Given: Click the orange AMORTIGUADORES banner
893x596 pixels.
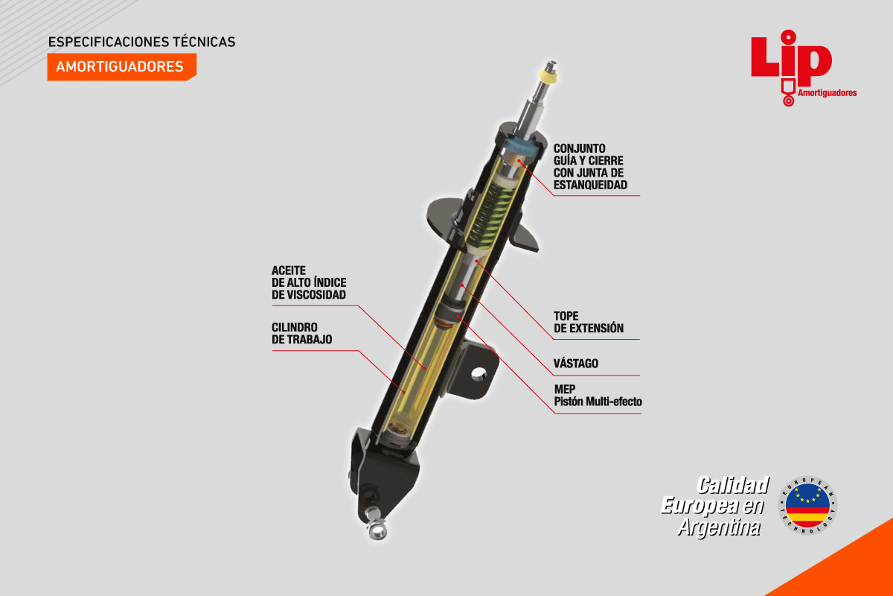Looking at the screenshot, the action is click(121, 66).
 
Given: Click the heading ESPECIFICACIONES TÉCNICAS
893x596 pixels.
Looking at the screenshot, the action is click(141, 42).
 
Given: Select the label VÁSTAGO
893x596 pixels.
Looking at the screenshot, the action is click(576, 364).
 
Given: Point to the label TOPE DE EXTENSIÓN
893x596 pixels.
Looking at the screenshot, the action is click(589, 322).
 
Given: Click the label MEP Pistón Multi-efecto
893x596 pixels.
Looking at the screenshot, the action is click(598, 395).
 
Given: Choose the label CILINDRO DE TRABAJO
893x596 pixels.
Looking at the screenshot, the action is click(302, 333).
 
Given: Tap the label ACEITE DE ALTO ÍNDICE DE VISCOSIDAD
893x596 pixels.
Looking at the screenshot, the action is click(309, 282).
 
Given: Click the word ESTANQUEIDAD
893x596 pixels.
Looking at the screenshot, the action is click(590, 185).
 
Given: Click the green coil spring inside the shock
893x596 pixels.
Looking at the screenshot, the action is click(491, 215).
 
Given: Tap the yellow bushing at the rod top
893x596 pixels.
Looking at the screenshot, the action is click(548, 75).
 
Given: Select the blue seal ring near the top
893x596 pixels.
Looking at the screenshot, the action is click(522, 147).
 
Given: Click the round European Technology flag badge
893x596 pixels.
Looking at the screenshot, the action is click(807, 505).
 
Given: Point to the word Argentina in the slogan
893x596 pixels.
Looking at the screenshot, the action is click(719, 527).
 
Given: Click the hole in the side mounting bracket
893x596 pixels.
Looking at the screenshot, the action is click(478, 374).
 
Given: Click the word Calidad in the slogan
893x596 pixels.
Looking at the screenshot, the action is click(733, 486).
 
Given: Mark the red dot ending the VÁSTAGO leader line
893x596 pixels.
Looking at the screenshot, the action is click(462, 285).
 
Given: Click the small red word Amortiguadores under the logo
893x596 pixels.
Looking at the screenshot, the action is click(828, 93).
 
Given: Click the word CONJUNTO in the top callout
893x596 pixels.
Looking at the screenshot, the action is click(579, 148).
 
